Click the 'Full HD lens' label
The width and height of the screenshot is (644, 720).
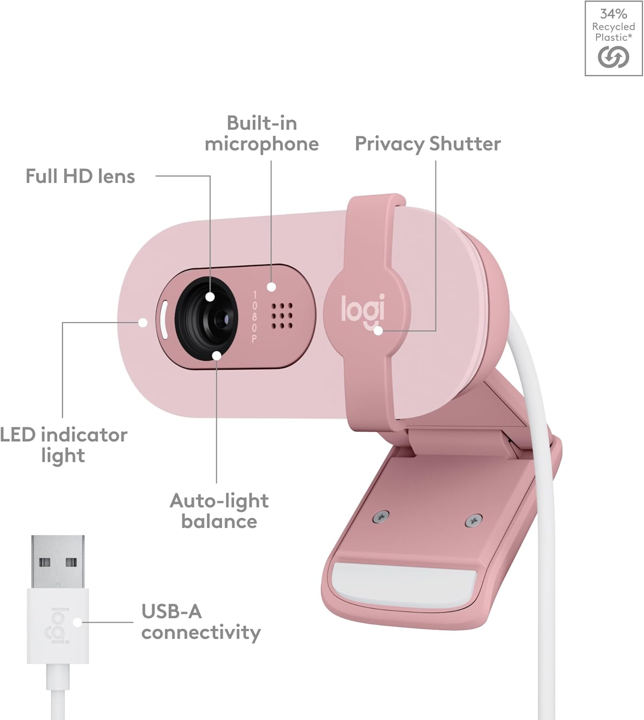tap(80, 176)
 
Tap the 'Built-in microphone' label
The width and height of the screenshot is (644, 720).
tap(262, 134)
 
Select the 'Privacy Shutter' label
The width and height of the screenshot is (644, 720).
tap(428, 144)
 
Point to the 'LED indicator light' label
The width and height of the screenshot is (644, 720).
tap(63, 445)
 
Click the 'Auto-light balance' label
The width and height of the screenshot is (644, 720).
tap(219, 511)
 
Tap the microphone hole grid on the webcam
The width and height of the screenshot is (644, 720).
tap(282, 315)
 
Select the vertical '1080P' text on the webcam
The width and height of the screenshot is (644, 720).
tap(254, 317)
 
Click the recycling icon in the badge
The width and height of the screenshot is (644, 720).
tap(613, 57)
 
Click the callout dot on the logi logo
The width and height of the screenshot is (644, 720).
tap(378, 331)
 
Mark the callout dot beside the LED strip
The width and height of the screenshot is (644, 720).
tap(143, 323)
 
